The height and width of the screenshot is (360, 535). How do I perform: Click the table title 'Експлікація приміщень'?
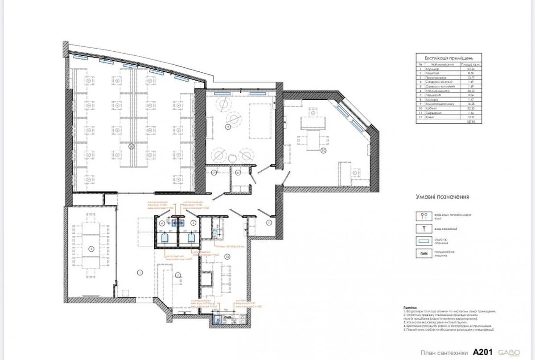pos(449,58)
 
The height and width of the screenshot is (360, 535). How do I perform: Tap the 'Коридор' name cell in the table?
pos(432,70)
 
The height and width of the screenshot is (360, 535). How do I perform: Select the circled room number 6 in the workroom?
pos(131,146)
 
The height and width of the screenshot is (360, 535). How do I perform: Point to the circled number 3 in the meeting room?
pos(91,248)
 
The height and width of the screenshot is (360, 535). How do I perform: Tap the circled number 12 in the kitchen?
pos(227,257)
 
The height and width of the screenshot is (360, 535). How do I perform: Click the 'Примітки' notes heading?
pos(410,308)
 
